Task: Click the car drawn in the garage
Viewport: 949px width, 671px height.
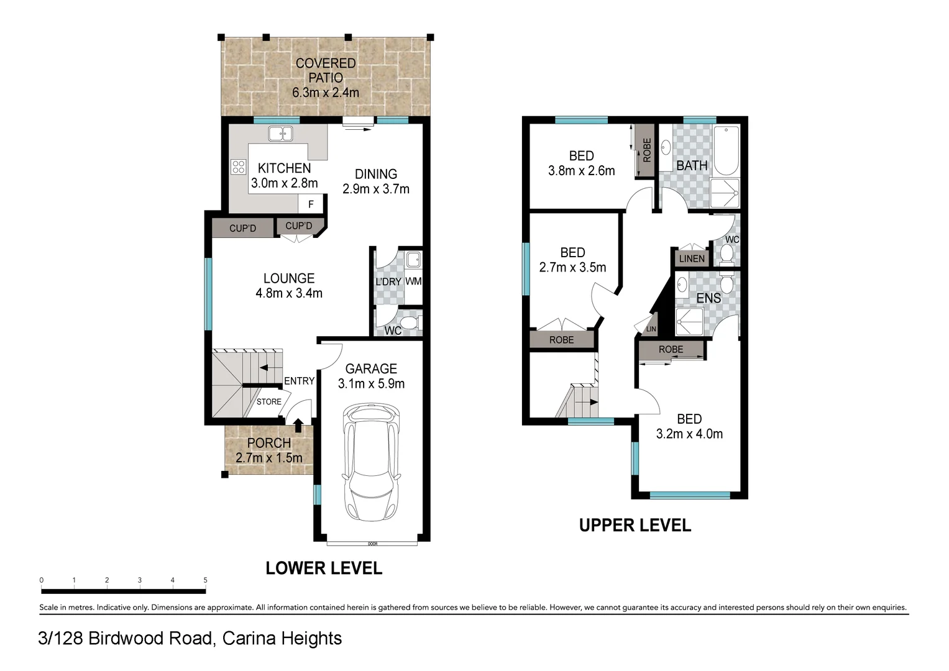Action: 372,462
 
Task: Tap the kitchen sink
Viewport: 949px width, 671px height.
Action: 280,134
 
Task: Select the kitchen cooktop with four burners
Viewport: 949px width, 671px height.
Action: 239,167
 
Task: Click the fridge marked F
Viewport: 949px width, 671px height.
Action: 311,204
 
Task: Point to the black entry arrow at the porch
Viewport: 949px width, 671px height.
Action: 298,425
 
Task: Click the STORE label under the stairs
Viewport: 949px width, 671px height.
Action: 268,402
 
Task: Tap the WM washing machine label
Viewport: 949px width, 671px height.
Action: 413,281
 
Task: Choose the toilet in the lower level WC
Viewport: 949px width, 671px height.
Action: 409,323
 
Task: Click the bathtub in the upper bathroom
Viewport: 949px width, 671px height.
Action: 726,151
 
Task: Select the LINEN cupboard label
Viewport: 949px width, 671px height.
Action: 692,259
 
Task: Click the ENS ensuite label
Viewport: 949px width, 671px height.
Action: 708,298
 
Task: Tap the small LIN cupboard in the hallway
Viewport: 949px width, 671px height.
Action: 651,329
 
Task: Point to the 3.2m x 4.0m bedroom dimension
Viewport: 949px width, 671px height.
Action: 689,434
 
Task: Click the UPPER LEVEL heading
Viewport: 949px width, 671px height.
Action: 635,526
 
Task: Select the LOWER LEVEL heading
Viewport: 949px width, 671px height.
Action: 323,568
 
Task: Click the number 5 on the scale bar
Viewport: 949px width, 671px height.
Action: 205,580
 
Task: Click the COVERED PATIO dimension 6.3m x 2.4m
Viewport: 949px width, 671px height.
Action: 326,93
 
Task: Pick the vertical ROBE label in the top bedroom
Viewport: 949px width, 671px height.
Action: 646,150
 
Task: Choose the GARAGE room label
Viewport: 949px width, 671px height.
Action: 371,368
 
